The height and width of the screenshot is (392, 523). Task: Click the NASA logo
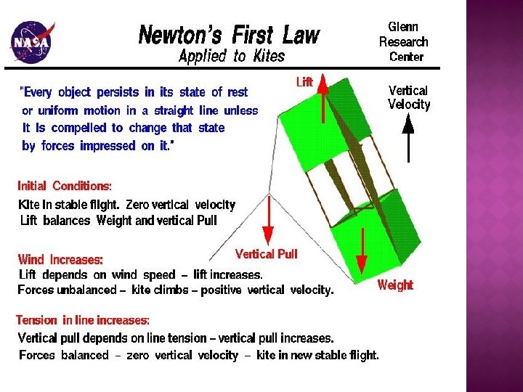point(30,42)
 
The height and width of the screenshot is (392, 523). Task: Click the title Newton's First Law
point(229,34)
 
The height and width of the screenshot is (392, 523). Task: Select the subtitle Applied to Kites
point(232,57)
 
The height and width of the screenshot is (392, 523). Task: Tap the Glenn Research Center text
point(404,41)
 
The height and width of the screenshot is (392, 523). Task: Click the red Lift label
point(304,82)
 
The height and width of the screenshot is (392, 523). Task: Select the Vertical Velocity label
point(409,97)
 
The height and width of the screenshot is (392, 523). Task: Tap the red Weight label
point(395,285)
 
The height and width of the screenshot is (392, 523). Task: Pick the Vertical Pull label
point(266,254)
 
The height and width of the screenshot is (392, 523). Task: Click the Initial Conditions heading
point(65,185)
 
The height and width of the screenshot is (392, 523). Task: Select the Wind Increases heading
point(60,259)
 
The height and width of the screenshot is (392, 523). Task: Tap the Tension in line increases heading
point(84,320)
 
